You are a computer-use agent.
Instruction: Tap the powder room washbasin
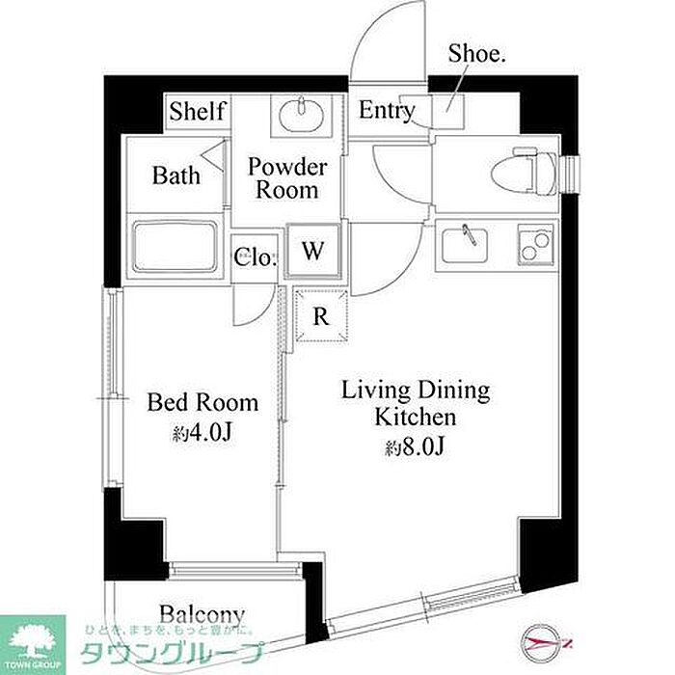coord(301,116)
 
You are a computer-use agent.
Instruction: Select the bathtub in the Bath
coord(175,247)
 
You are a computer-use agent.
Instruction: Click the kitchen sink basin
coord(465,245)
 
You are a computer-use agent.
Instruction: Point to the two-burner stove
coord(535,245)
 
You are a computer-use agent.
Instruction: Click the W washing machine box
coord(313,250)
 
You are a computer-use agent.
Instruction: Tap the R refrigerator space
coord(321,316)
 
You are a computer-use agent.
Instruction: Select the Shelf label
coord(198,112)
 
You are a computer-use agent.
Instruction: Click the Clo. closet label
coord(255,257)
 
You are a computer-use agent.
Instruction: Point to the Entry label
coord(387,111)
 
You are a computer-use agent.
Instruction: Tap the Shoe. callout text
coord(476,54)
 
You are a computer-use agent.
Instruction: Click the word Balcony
coord(202,615)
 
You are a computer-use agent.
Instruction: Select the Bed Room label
coord(202,402)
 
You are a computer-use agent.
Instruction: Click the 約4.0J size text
coord(202,433)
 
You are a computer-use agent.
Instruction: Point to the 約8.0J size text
coord(414,447)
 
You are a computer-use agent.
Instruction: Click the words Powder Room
coord(287,178)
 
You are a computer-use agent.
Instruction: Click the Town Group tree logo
coord(33,644)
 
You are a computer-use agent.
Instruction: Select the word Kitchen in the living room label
coord(415,418)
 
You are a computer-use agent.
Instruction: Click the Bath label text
coord(176,175)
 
